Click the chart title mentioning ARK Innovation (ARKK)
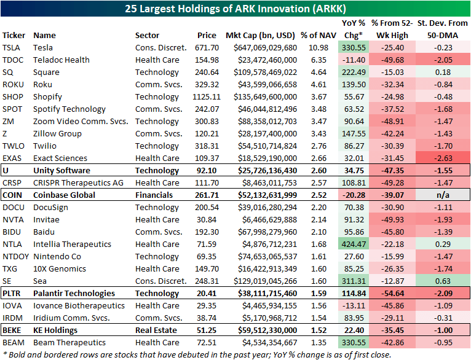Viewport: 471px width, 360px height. pyautogui.click(x=235, y=9)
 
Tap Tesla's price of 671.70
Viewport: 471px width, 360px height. pyautogui.click(x=207, y=47)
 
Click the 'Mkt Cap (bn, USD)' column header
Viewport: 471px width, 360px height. pyautogui.click(x=261, y=35)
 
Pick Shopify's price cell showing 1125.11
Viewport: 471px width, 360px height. pyautogui.click(x=205, y=96)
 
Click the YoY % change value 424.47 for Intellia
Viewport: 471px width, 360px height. pyautogui.click(x=354, y=244)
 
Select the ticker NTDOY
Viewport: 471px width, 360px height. pyautogui.click(x=16, y=256)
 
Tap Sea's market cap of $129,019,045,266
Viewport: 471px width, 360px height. pyautogui.click(x=261, y=281)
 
